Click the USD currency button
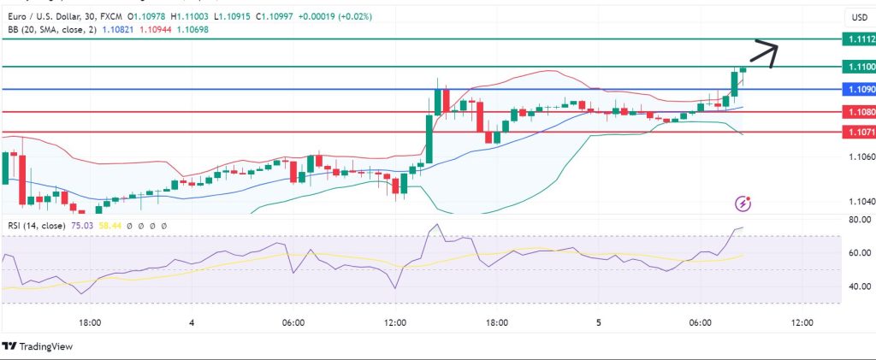pyautogui.click(x=857, y=17)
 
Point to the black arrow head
pyautogui.click(x=775, y=48)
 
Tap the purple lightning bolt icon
pyautogui.click(x=743, y=204)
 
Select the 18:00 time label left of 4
pyautogui.click(x=90, y=323)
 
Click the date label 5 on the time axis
pyautogui.click(x=599, y=323)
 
